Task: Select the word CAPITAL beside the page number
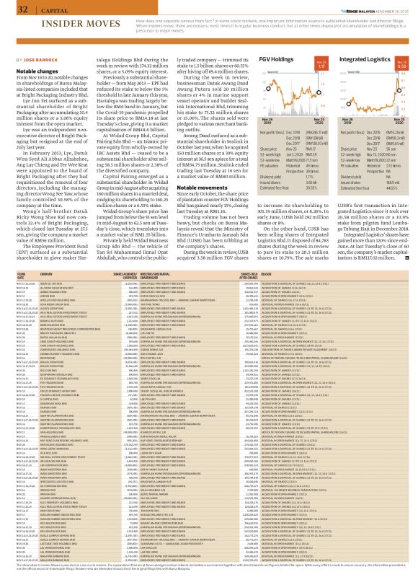(x=43, y=9)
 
